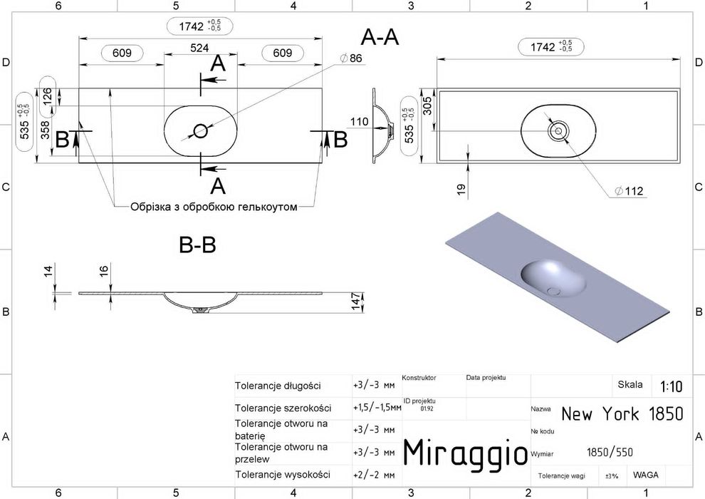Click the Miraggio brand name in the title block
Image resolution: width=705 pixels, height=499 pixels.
pos(465,452)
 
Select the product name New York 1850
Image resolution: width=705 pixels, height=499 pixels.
pos(622,413)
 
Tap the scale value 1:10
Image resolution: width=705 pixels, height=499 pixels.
pos(671,386)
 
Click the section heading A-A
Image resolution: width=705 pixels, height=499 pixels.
pos(380,37)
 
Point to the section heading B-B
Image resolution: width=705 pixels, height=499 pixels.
pos(197,245)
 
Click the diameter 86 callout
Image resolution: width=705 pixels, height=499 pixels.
pos(351,58)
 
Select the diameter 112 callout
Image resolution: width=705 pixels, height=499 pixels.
pos(629,191)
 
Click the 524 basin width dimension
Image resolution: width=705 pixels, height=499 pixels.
pos(199,48)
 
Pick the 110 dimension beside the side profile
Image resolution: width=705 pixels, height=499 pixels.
pos(359,121)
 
